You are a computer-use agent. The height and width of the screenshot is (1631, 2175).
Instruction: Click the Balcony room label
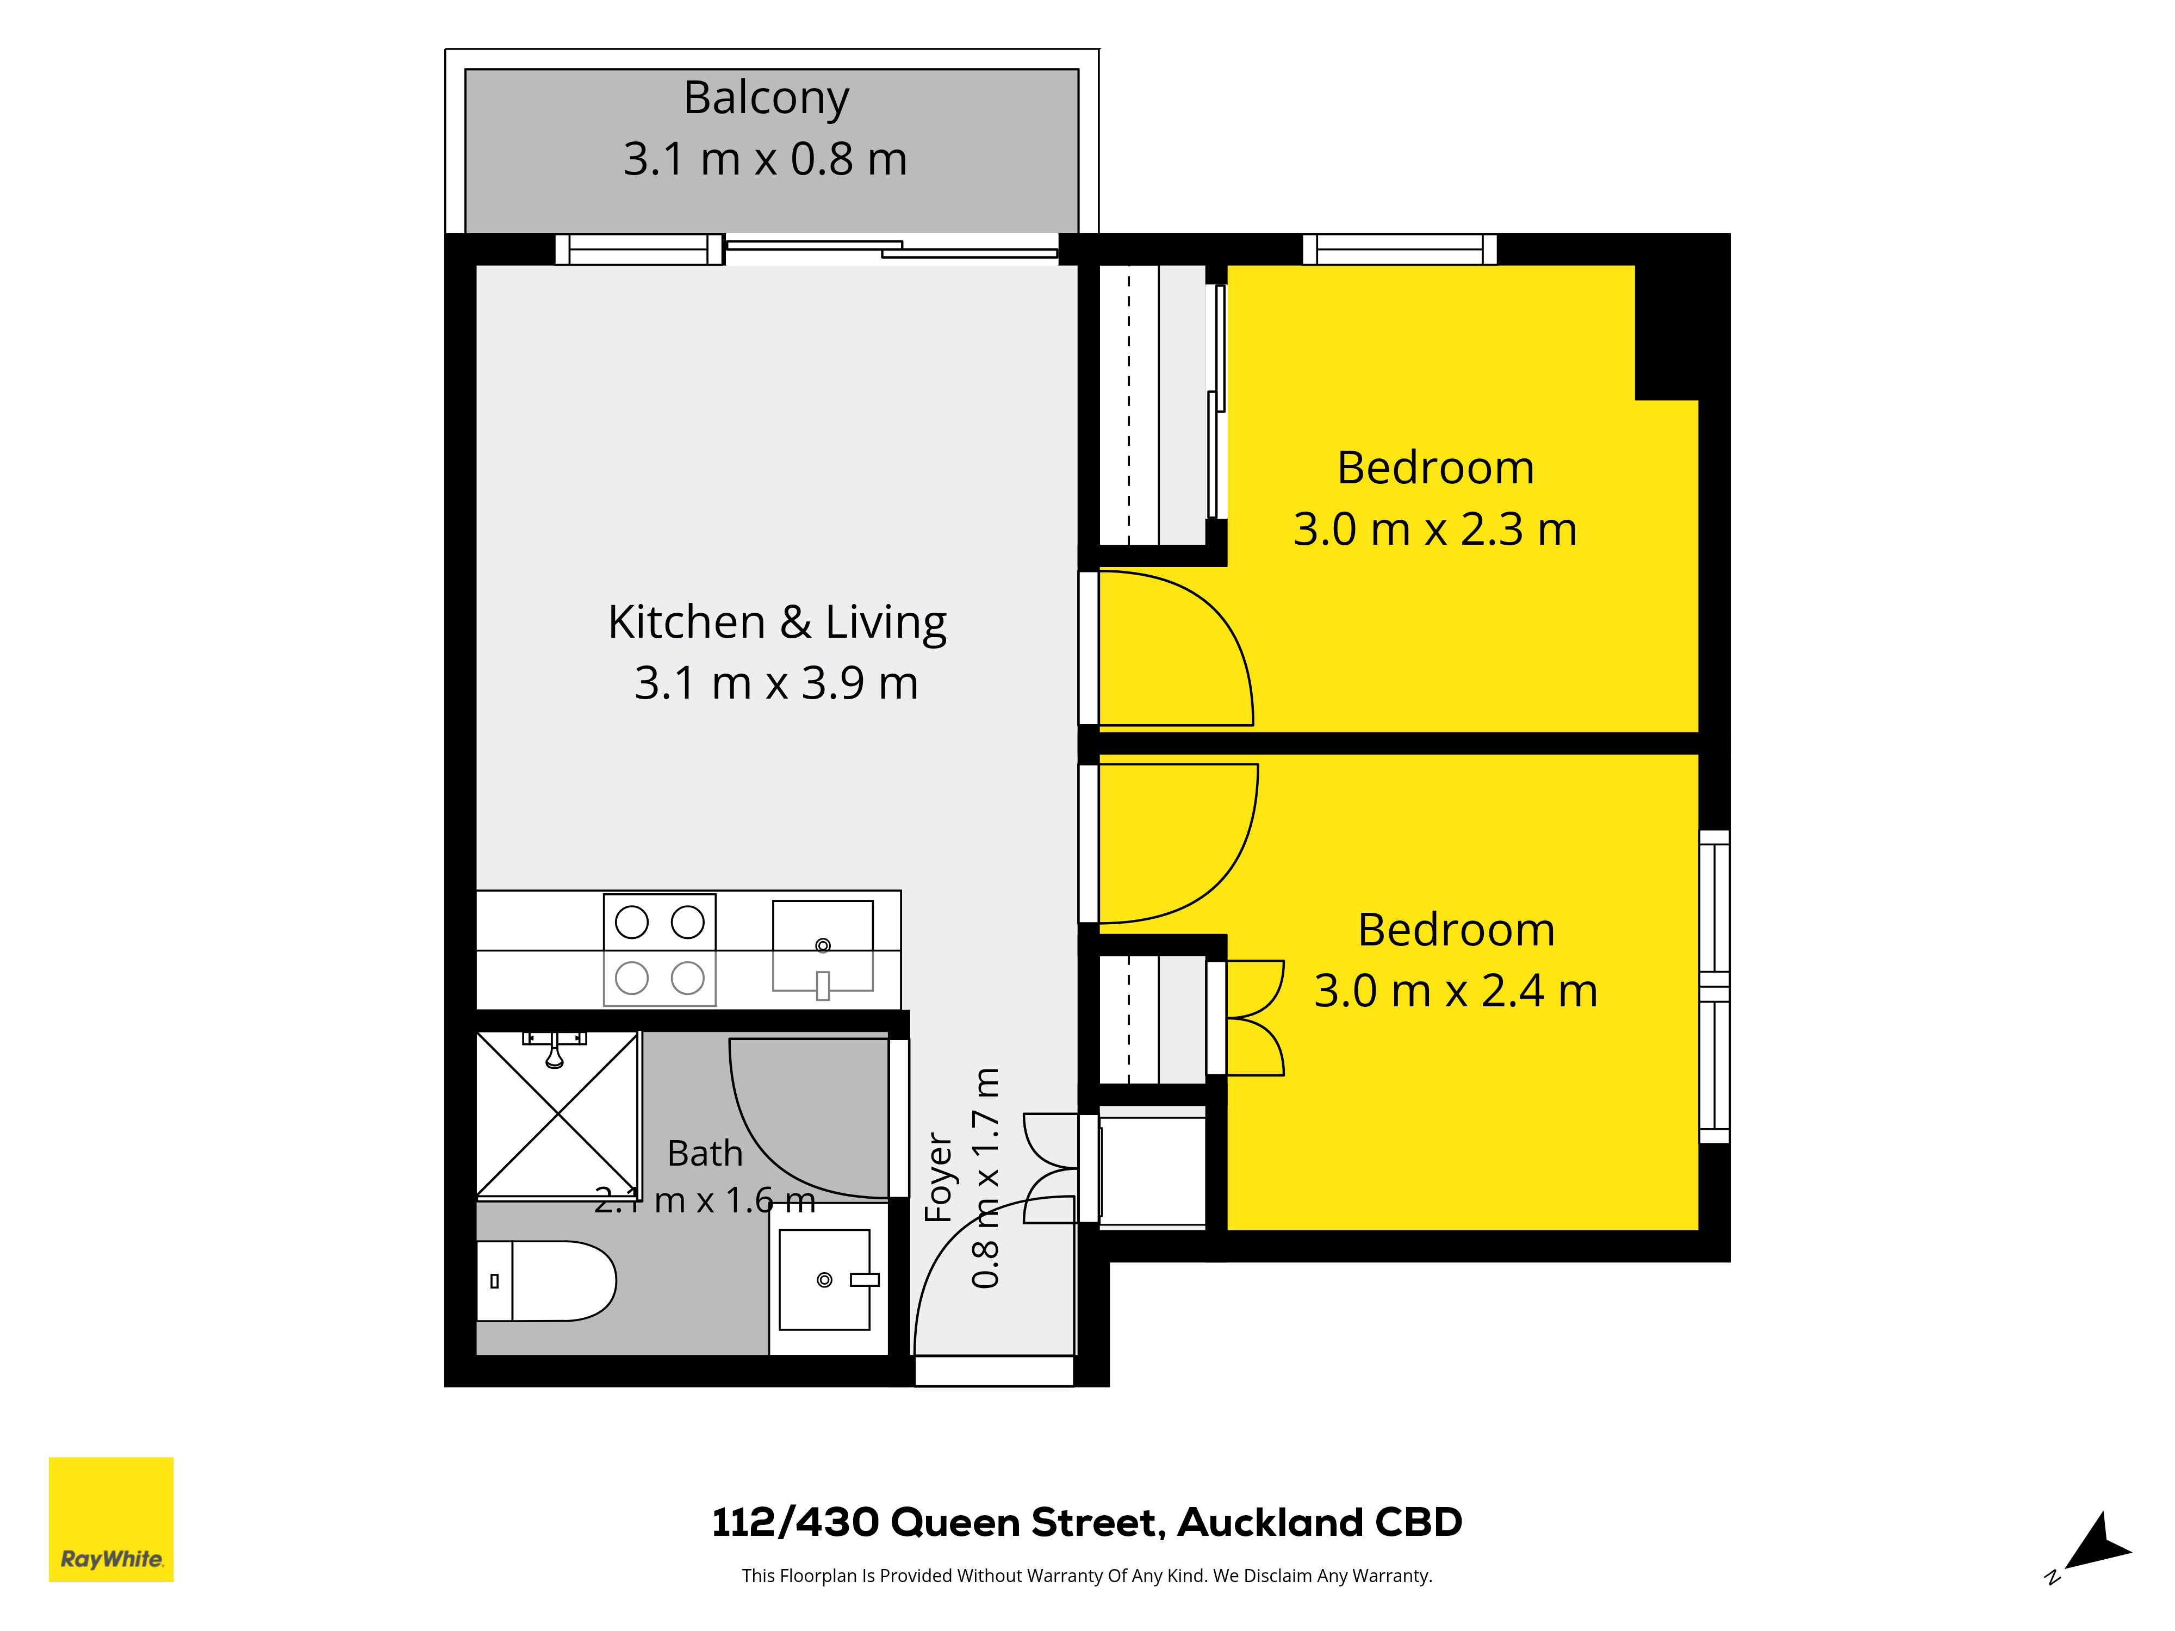(766, 98)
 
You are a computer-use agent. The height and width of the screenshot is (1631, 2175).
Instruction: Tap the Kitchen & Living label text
(777, 622)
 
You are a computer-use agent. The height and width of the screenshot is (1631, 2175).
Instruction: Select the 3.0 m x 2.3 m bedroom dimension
(1434, 529)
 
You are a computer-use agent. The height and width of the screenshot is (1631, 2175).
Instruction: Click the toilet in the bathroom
(546, 1280)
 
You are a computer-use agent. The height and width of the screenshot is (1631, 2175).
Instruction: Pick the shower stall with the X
(557, 1114)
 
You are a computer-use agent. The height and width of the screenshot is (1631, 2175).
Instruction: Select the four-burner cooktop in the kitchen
(660, 950)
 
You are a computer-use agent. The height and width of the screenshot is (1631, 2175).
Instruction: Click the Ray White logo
(111, 1519)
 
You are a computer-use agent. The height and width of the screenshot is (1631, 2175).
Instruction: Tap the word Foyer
(939, 1177)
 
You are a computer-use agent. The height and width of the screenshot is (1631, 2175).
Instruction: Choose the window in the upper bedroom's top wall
(1399, 250)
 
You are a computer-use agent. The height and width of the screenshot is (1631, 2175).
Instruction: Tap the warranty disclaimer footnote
(1086, 1576)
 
